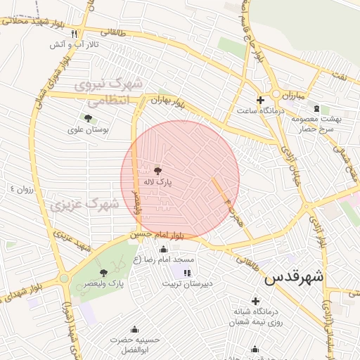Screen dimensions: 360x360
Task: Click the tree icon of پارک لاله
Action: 156,170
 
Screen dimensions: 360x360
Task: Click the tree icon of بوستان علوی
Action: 87,118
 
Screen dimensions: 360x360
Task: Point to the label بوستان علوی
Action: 86,129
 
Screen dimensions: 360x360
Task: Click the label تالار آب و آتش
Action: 75,44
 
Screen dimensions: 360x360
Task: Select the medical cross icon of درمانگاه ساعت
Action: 260,99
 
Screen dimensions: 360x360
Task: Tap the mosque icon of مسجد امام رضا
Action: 164,248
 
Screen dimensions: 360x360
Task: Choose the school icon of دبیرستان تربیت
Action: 186,273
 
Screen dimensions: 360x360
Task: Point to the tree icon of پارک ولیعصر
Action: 104,273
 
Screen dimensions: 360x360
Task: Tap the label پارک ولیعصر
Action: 106,284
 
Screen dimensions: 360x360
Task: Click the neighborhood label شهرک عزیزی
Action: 84,205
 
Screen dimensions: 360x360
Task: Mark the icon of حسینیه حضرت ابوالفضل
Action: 134,329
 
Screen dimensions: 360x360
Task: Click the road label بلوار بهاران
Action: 168,103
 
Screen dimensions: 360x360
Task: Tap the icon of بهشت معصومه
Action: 316,108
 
